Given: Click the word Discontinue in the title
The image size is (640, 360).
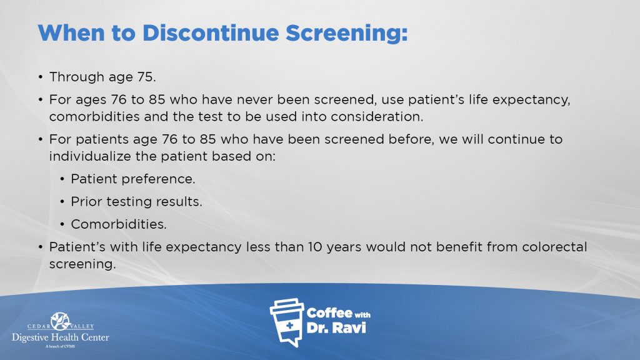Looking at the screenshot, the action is point(210,32).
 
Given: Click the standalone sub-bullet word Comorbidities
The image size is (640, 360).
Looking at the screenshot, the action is point(119,224).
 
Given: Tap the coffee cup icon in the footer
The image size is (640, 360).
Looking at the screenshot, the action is point(287,322).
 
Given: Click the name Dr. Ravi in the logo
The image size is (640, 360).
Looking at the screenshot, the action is point(336,327).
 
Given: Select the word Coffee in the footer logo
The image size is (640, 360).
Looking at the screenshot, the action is point(329,313).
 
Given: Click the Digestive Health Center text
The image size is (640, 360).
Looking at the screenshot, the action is point(61,337).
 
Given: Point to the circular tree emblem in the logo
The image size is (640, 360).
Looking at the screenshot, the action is point(61,321).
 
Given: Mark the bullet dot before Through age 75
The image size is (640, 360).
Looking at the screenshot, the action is point(41,77).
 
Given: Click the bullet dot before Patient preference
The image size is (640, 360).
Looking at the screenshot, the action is point(62,179).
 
